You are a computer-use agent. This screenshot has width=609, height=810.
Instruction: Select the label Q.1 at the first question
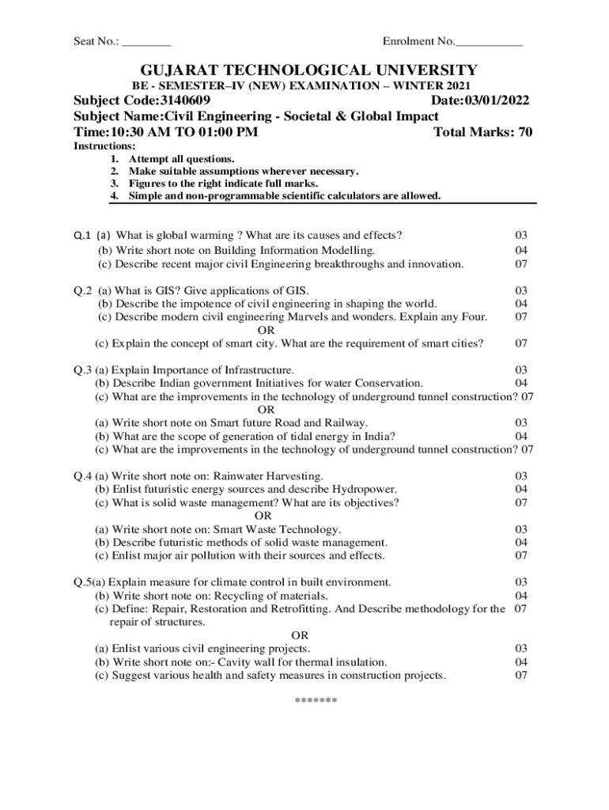coord(82,235)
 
